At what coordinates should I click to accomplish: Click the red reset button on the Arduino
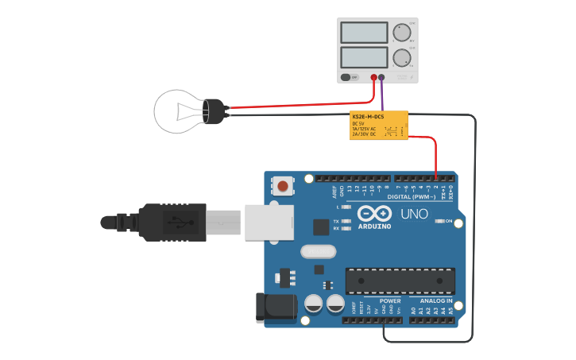(282, 187)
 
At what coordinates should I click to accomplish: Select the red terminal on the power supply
(373, 78)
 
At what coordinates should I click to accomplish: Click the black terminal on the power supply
(382, 78)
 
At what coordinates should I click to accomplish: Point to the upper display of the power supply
(364, 33)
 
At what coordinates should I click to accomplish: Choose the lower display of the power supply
(364, 57)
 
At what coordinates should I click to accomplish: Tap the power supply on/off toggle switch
(347, 77)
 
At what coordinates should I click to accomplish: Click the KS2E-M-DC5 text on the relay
(368, 118)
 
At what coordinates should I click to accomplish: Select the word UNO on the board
(413, 215)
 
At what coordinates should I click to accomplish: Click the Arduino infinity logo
(375, 214)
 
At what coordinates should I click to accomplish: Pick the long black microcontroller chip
(400, 281)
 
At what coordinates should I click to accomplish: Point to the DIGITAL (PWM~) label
(411, 196)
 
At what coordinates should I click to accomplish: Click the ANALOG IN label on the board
(436, 301)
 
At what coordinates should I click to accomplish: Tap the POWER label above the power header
(390, 301)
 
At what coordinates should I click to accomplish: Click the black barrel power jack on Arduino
(268, 308)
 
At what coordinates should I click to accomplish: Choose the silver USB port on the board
(268, 222)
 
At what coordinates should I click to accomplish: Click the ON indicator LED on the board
(439, 221)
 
